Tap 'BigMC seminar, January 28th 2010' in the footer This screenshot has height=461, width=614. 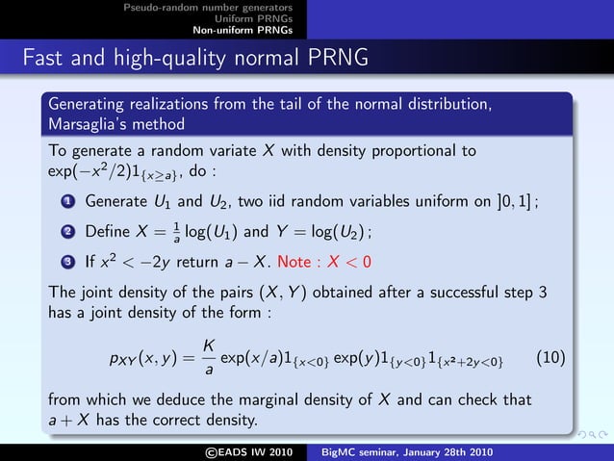(x=406, y=452)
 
